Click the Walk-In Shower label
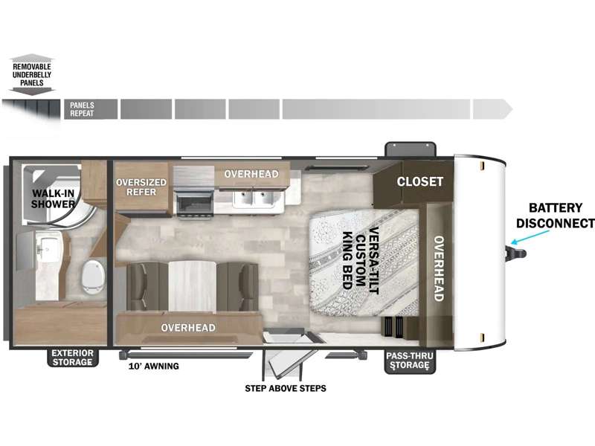(x=53, y=198)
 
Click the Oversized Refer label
(x=141, y=187)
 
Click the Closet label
(x=419, y=181)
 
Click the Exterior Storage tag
(x=72, y=358)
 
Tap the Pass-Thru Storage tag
(x=410, y=361)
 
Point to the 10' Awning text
(x=154, y=366)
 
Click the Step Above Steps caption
(x=286, y=388)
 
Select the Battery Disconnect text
(x=555, y=216)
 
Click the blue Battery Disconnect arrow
(x=530, y=236)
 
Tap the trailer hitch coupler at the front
(x=515, y=253)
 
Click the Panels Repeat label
(x=82, y=109)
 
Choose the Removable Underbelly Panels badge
(x=32, y=74)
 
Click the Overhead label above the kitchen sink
(x=251, y=174)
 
